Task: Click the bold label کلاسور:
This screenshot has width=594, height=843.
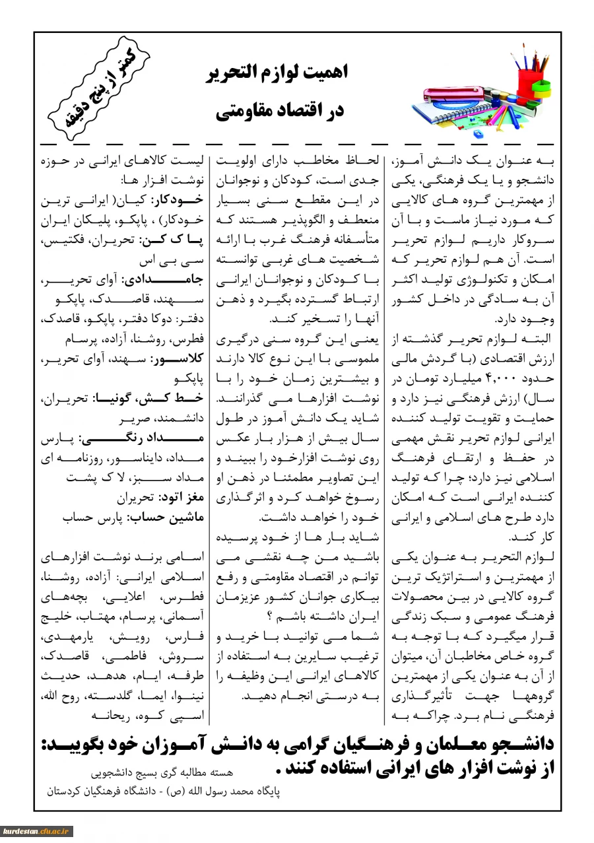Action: [178, 362]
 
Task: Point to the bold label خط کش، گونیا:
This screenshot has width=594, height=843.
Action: [151, 399]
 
